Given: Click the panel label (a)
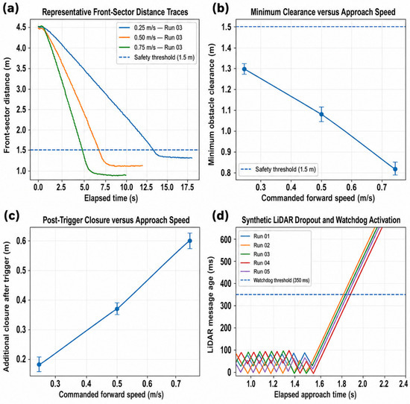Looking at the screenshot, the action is (10, 9).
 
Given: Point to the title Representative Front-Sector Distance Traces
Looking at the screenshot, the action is (115, 12).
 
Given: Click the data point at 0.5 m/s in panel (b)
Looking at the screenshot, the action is (321, 114).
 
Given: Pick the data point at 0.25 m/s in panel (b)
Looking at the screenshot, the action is (245, 69).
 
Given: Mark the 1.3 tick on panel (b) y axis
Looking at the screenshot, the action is (226, 69).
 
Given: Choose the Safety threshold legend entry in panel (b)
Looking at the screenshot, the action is (278, 169).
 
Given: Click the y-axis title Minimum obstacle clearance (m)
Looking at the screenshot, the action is (211, 104).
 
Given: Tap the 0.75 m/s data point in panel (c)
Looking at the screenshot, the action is (190, 241).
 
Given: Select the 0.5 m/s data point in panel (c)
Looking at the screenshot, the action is (117, 309).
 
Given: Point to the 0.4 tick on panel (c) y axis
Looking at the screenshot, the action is (21, 300).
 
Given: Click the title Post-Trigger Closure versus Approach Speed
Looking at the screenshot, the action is (116, 220).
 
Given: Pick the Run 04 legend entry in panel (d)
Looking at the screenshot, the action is (255, 263).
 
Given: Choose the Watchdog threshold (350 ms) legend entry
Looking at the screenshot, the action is (275, 280).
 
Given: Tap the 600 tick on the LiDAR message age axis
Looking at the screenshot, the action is (227, 239).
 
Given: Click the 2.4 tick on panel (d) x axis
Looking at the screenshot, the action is (404, 384).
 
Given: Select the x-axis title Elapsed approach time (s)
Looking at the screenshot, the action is (315, 394).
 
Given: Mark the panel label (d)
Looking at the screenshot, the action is (221, 217).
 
